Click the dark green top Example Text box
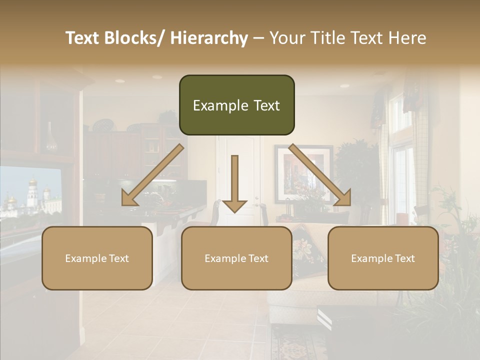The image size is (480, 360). (x=236, y=105)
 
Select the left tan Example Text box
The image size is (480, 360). (x=97, y=258)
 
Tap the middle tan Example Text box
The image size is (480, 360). (x=236, y=258)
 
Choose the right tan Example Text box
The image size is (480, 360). (x=383, y=258)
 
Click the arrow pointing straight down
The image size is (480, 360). (x=234, y=185)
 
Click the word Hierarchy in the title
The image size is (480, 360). (x=209, y=38)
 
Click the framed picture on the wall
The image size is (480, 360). (x=303, y=172)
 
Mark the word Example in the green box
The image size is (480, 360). (x=213, y=105)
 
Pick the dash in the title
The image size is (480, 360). (x=258, y=38)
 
